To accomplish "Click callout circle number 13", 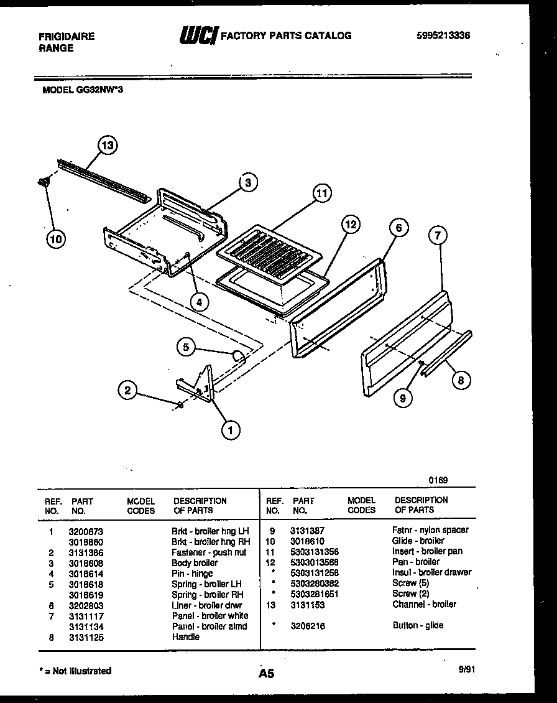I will [108, 146].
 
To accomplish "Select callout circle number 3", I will [247, 182].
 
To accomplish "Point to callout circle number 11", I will [321, 193].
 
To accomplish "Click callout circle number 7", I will [438, 235].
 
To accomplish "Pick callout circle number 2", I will [127, 390].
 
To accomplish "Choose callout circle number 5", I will [186, 347].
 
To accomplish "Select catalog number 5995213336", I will [443, 36].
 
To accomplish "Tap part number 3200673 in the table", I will [87, 531].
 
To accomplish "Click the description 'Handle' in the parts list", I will [185, 637].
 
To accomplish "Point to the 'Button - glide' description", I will [418, 625].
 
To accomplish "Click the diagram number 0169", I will [438, 480].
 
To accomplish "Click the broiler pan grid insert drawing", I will [270, 252].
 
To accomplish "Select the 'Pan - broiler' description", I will [415, 562].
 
